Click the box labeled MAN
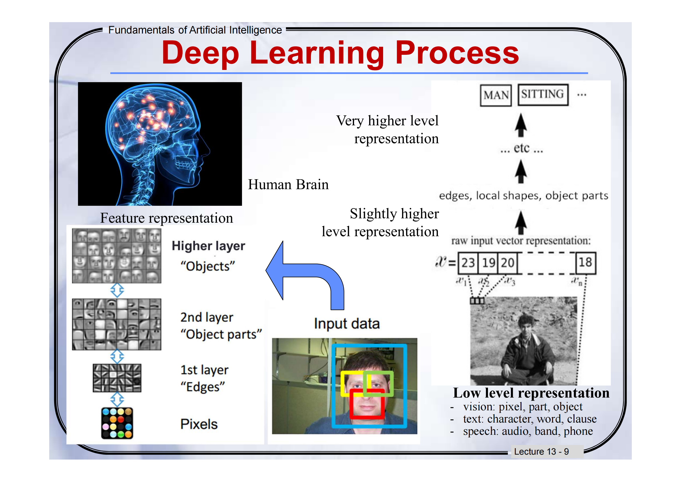click(496, 95)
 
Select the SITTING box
click(543, 95)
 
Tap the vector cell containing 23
click(468, 263)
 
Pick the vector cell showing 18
click(585, 263)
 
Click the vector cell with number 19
click(488, 263)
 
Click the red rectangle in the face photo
click(367, 404)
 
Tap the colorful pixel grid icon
click(117, 423)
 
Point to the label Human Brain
click(288, 184)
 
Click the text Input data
click(347, 323)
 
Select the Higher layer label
click(208, 246)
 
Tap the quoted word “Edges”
click(203, 387)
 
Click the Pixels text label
click(199, 424)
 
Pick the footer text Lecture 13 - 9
click(541, 451)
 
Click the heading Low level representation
click(531, 393)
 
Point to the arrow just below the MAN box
click(521, 125)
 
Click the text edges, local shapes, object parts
click(523, 196)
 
